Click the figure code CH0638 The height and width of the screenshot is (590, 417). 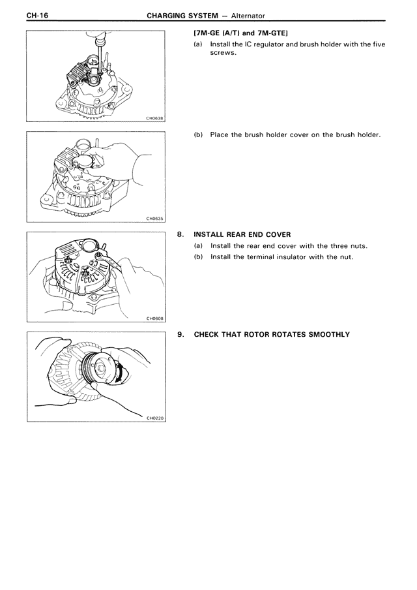pyautogui.click(x=154, y=119)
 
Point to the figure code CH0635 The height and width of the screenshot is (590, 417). pyautogui.click(x=154, y=219)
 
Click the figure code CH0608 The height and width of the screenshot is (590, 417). pyautogui.click(x=154, y=318)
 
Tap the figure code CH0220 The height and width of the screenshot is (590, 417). pyautogui.click(x=154, y=419)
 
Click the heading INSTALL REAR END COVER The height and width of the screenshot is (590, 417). pyautogui.click(x=242, y=235)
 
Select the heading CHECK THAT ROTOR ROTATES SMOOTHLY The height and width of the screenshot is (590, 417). pyautogui.click(x=272, y=335)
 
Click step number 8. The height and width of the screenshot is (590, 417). pyautogui.click(x=180, y=235)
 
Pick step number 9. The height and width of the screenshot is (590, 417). pyautogui.click(x=180, y=335)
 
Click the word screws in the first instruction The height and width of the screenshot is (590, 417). pyautogui.click(x=223, y=53)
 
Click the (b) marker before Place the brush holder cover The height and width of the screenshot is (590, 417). pyautogui.click(x=198, y=135)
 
